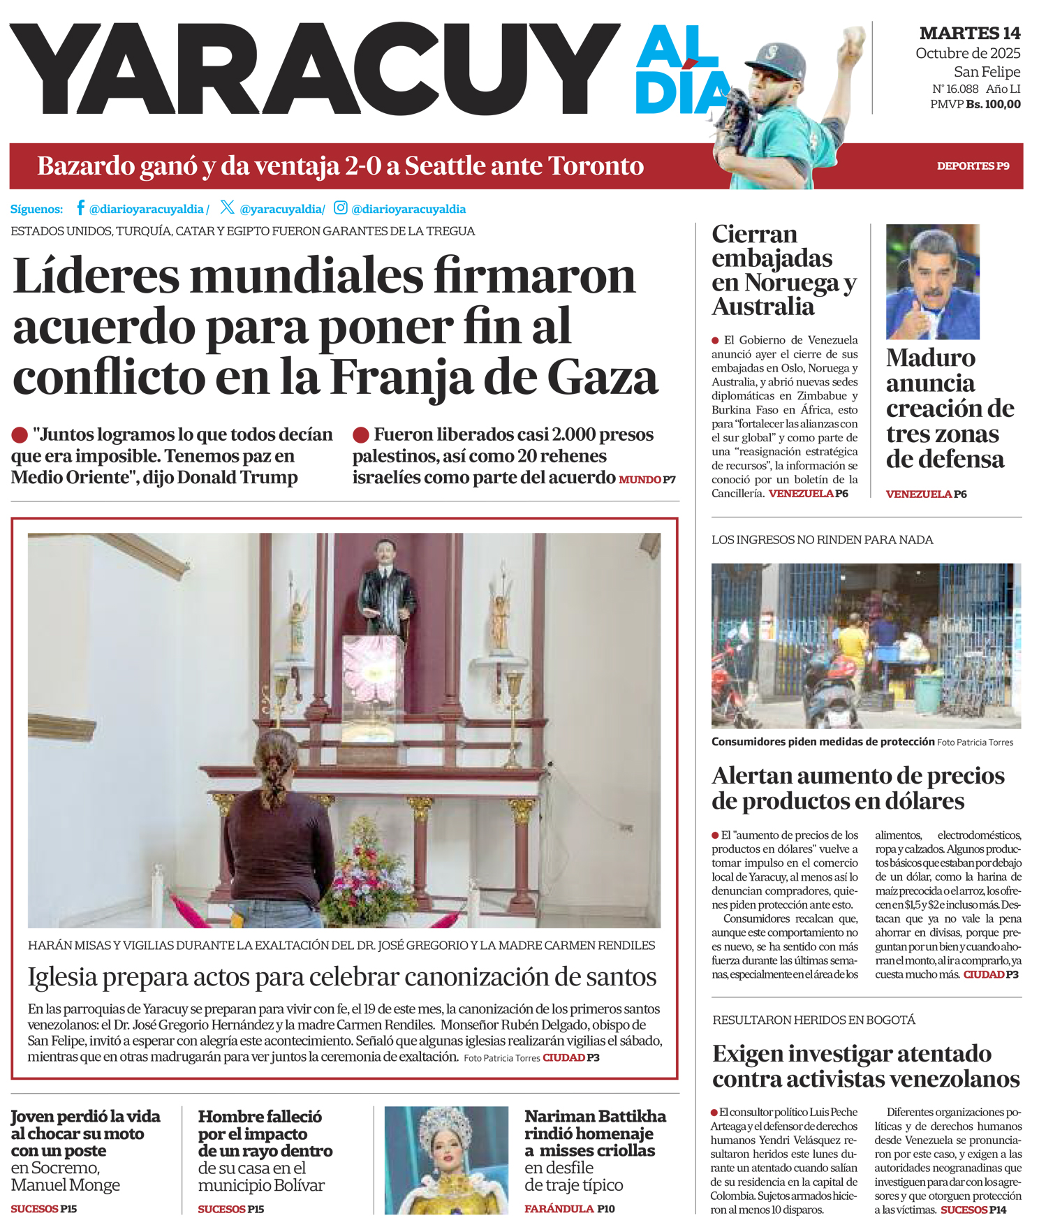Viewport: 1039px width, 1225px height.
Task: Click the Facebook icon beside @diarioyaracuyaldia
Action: coord(80,207)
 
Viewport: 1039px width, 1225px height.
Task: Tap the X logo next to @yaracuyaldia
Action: coord(227,207)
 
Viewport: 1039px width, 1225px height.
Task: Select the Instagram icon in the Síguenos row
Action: coord(340,207)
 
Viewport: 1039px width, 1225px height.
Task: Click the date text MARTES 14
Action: coord(969,33)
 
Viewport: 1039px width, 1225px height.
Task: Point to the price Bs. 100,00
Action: coord(993,105)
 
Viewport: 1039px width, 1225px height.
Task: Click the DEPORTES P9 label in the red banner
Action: coord(973,166)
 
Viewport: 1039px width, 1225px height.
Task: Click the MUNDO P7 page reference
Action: coord(647,480)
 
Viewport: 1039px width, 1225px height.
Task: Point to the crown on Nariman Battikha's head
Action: coord(448,1124)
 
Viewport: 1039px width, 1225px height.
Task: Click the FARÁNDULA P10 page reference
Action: coord(569,1209)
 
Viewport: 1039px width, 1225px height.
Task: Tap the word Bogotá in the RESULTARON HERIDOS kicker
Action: coord(890,1020)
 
